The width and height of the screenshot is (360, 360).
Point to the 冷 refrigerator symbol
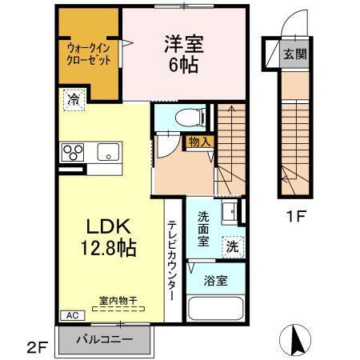[x=73, y=100]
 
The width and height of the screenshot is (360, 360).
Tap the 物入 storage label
[x=200, y=142]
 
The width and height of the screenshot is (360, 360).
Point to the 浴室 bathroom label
[x=215, y=280]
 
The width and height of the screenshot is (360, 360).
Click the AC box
[x=70, y=315]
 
